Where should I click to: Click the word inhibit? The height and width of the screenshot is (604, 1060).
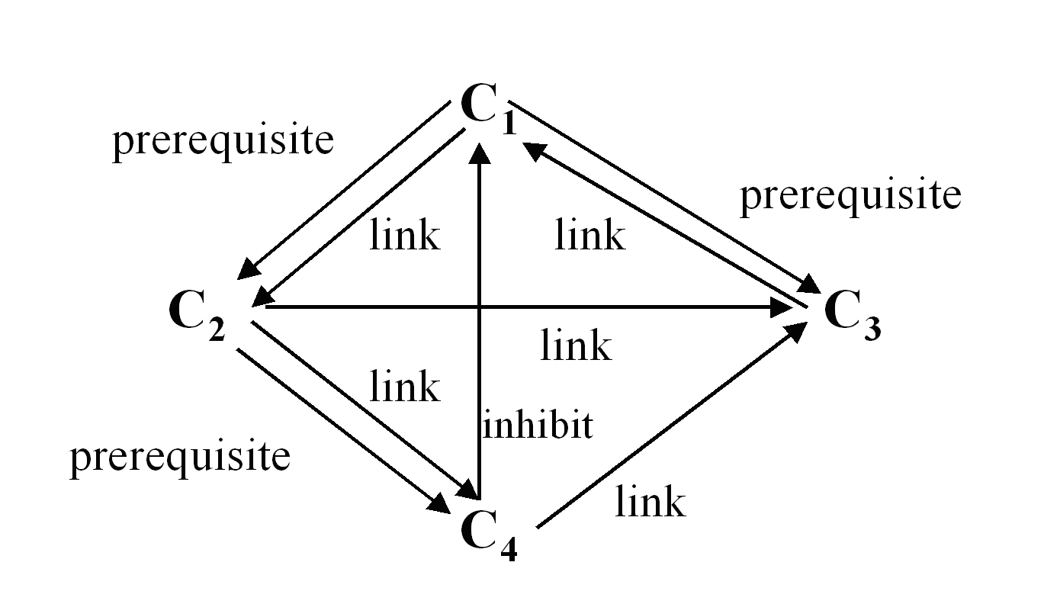coord(538,424)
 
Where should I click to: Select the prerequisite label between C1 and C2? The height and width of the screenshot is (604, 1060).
coord(223,140)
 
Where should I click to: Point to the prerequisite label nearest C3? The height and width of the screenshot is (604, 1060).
coord(850,195)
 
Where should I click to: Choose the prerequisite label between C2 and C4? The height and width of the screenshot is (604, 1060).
coord(180,457)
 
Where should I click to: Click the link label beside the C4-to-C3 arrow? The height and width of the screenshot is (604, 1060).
coord(650,502)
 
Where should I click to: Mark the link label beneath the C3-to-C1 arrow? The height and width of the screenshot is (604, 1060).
coord(589,234)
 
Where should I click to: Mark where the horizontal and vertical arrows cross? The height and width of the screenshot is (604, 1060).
coord(480,307)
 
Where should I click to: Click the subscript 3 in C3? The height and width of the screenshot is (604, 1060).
coord(872,328)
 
